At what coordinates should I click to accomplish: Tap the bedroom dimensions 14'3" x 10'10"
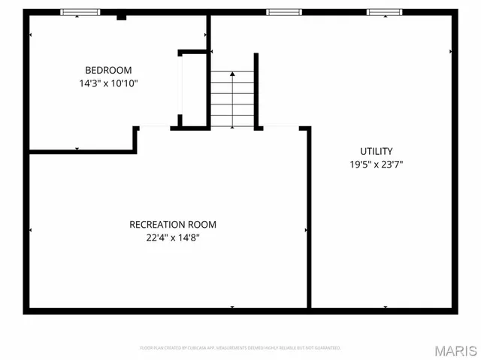coord(109,83)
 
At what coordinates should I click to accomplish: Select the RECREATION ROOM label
coord(173,225)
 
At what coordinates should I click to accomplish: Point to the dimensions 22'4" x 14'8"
coord(173,238)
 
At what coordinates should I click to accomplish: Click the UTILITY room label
coord(376,151)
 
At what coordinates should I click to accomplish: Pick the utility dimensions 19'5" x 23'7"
coord(376,164)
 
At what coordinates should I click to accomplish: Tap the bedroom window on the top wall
coord(80,12)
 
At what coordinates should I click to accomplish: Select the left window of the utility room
coord(284,12)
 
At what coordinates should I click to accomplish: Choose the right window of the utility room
coord(385,12)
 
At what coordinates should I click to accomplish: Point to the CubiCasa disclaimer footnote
coord(240,348)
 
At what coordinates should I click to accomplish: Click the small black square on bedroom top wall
coord(121,16)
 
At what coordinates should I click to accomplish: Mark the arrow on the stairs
coord(232,74)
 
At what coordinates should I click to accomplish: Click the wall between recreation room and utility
coord(309,218)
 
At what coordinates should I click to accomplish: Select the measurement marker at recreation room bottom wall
coord(232,307)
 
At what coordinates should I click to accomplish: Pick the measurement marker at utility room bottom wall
coord(385,307)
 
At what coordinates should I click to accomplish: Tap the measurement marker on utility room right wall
coord(451,51)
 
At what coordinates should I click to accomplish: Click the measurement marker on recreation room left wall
coord(30,229)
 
